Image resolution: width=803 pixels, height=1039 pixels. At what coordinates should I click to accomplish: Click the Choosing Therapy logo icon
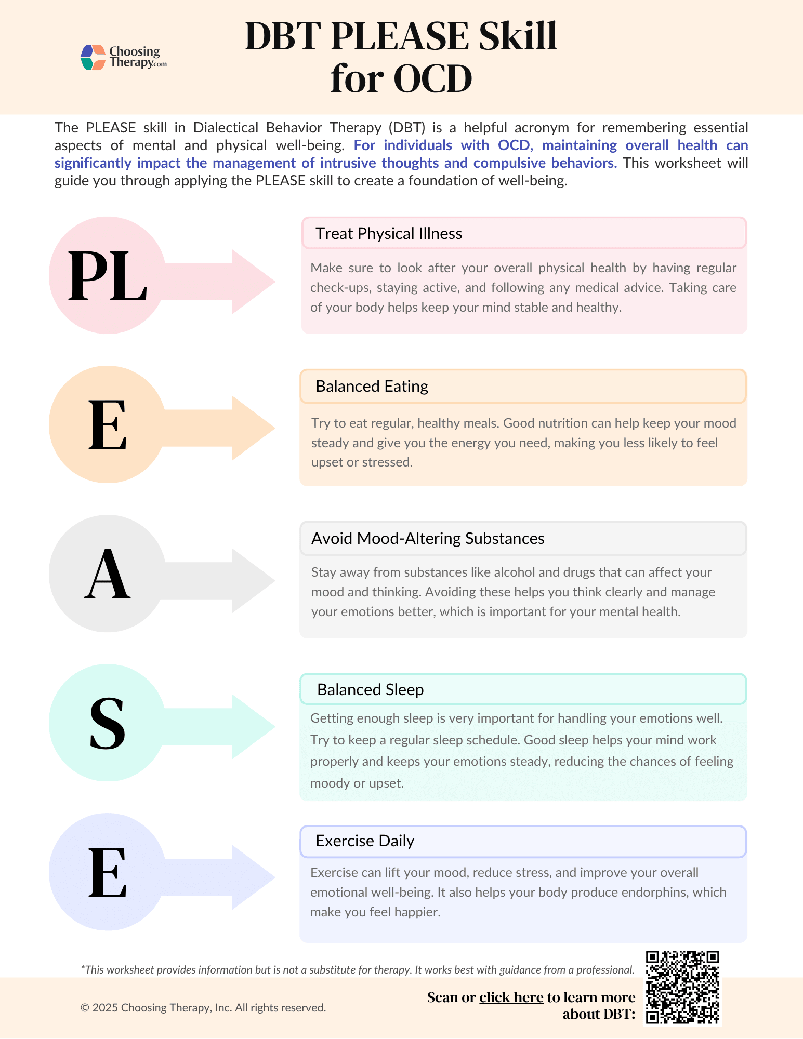point(94,57)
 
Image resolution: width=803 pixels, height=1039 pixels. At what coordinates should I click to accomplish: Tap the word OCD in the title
point(432,79)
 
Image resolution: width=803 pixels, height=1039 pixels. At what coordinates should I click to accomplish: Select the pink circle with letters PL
point(107,275)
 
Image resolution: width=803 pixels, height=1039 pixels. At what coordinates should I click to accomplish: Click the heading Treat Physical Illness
point(389,234)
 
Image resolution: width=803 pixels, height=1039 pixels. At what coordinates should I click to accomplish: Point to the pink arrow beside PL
point(229,282)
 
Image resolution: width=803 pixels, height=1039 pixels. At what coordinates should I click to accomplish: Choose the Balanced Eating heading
point(372,387)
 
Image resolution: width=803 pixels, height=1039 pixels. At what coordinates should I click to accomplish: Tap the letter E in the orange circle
point(108,424)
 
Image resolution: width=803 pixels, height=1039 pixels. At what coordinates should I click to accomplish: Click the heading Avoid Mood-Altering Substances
point(428,539)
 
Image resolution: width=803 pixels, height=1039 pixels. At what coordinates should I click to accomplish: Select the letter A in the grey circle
point(107,574)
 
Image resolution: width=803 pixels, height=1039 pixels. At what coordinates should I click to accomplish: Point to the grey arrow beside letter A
point(229,580)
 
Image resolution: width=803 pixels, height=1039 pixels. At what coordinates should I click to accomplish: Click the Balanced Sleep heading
point(371,690)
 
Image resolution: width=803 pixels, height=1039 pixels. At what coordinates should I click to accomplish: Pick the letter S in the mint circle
point(107,723)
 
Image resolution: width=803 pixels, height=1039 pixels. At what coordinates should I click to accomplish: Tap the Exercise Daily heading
point(365,841)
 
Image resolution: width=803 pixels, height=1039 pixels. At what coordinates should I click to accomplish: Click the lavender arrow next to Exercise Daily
point(229,877)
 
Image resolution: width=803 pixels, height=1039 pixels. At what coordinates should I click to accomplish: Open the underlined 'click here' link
point(511,997)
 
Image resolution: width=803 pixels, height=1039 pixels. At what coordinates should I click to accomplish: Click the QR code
point(682,987)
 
